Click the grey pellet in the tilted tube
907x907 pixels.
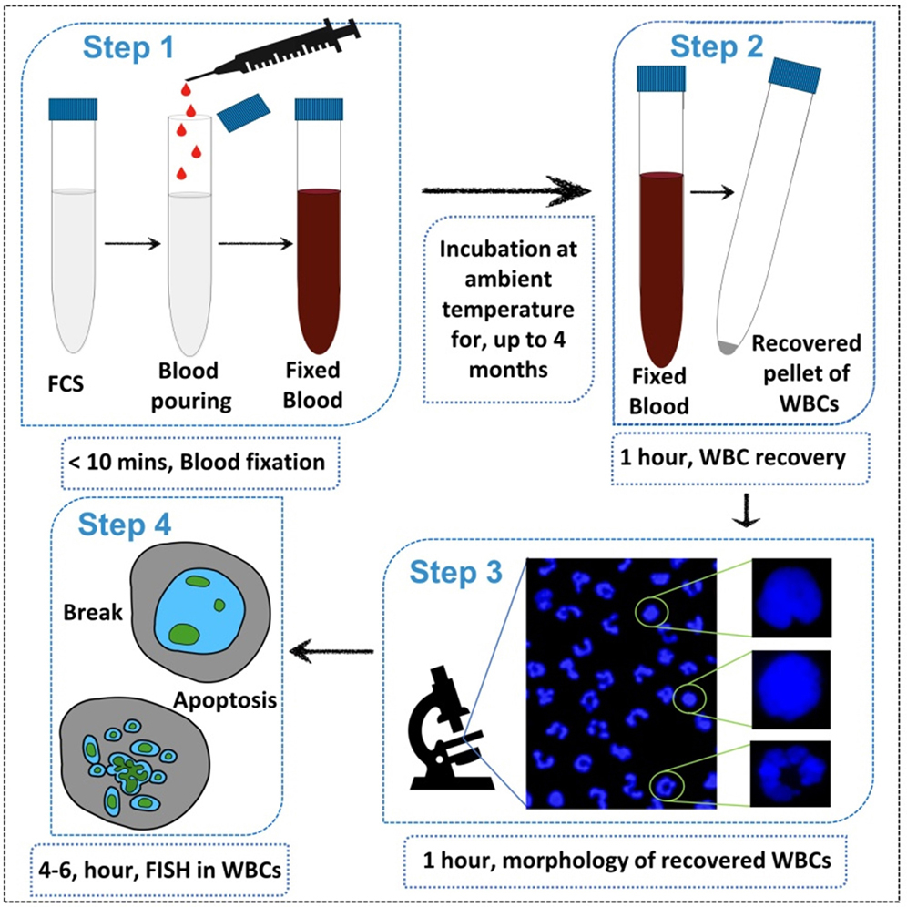click(726, 347)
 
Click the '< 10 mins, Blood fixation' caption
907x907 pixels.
click(197, 462)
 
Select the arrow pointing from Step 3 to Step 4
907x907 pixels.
click(332, 650)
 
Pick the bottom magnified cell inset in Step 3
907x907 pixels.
click(790, 773)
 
